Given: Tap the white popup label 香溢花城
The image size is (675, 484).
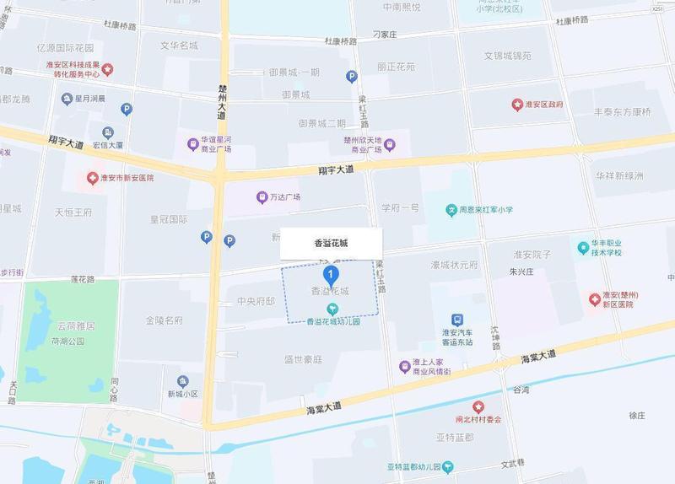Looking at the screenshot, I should coord(331,243).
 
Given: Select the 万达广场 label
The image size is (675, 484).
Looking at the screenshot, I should coord(284,197).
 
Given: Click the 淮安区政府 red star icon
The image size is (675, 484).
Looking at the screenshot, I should coord(517,105).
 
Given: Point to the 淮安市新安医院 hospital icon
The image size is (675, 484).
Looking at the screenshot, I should coord(93,178).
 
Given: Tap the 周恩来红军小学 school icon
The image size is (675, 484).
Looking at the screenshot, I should coord(451,211).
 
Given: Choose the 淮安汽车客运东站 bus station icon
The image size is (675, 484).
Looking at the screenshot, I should coord(456,320).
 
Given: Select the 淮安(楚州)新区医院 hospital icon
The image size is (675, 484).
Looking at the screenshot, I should coord(594,298).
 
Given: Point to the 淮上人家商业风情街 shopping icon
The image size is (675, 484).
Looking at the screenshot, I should coord(405,366).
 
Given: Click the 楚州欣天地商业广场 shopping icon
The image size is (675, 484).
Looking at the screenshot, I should coord(389,144).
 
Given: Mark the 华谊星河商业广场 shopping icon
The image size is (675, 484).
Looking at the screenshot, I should coord(192,144).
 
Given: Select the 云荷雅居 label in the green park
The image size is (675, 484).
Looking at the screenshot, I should coord(73,325).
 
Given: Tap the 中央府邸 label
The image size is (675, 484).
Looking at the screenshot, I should coord(255,301).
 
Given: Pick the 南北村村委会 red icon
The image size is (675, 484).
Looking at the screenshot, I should coord(478,407).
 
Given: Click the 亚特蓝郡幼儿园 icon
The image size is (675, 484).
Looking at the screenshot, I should coord(449,466).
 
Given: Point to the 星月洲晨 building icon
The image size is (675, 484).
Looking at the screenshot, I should coord(67,99).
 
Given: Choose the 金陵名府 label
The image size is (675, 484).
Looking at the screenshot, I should coord(164,320).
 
